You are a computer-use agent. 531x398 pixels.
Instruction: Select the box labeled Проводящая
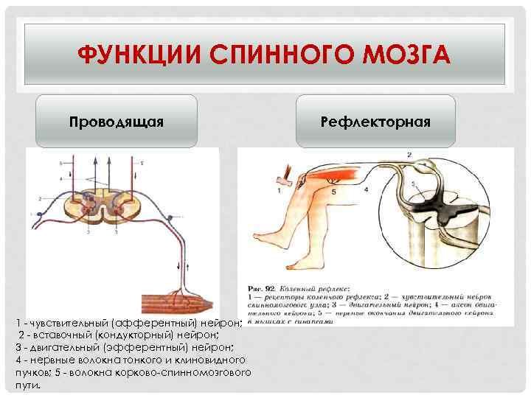[x=117, y=120]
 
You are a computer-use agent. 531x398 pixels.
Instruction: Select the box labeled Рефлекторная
[x=375, y=120]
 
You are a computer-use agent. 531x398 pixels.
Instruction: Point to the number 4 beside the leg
[x=367, y=190]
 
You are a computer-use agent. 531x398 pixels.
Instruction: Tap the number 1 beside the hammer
[x=280, y=190]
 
